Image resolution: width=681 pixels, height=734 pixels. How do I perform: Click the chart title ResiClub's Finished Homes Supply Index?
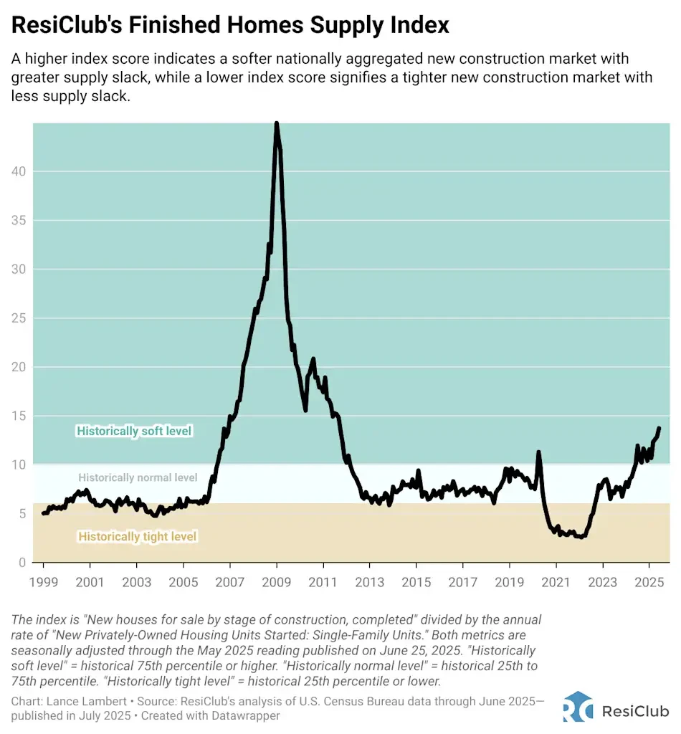click(x=230, y=26)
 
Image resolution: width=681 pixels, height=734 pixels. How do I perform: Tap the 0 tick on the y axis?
click(x=23, y=563)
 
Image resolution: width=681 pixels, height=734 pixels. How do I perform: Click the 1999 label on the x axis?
click(x=43, y=583)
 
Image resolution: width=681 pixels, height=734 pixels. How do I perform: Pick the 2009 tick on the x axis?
click(x=277, y=583)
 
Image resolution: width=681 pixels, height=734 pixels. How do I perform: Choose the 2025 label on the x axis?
click(x=649, y=583)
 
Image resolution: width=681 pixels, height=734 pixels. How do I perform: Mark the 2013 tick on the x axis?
click(x=369, y=583)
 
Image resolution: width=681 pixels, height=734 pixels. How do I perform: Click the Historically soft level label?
click(x=135, y=432)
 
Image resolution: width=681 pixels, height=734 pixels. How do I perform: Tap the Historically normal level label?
click(x=138, y=477)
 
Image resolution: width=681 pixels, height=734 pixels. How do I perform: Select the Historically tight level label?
click(x=138, y=536)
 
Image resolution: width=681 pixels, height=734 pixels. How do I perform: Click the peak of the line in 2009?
click(x=277, y=124)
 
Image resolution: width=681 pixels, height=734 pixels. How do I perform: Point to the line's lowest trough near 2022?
click(x=580, y=537)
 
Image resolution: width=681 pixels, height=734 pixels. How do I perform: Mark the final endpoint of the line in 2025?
click(x=659, y=429)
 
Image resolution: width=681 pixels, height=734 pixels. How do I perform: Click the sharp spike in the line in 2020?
click(x=538, y=452)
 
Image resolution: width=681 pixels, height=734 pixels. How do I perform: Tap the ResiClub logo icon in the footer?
click(x=578, y=706)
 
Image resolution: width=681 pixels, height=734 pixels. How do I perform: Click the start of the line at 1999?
click(x=43, y=513)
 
